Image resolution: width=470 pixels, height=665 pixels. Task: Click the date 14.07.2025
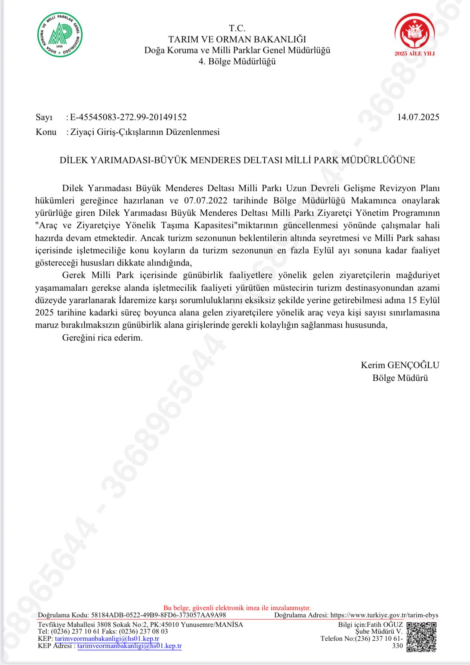click(x=418, y=117)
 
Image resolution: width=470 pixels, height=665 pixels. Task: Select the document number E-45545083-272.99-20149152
click(x=128, y=117)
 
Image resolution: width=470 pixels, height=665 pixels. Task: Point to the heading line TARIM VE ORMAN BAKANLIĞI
click(x=237, y=39)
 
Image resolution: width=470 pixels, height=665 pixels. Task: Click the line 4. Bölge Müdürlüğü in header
click(x=237, y=61)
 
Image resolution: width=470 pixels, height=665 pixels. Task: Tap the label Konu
click(x=46, y=132)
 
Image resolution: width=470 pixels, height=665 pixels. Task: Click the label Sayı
click(x=44, y=117)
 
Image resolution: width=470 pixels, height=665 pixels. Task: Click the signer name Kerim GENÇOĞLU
click(x=400, y=365)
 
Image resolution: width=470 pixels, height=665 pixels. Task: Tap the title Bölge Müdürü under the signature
click(x=400, y=378)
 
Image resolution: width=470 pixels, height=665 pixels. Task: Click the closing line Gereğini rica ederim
click(x=102, y=338)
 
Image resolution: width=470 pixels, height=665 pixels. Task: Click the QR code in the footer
click(x=422, y=637)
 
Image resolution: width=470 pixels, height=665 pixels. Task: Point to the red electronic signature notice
click(x=237, y=608)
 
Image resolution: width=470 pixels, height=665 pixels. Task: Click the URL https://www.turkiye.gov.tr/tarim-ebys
click(x=384, y=615)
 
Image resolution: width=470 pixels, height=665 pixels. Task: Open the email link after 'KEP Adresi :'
click(x=130, y=646)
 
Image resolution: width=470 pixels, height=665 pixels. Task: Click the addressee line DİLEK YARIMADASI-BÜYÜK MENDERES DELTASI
click(x=237, y=160)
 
